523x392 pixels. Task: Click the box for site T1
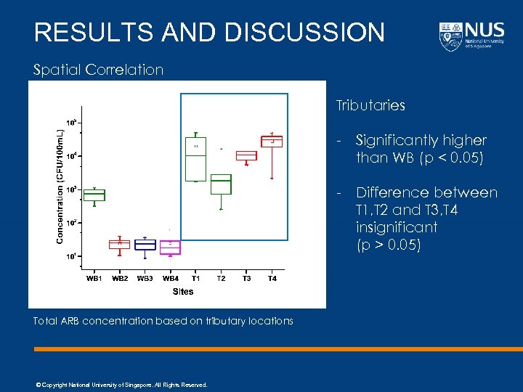[x=195, y=159]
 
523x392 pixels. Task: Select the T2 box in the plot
[x=221, y=184]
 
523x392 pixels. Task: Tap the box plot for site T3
[x=246, y=155]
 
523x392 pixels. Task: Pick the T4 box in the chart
[x=272, y=141]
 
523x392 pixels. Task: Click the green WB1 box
[x=94, y=195]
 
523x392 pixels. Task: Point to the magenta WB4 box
[x=170, y=247]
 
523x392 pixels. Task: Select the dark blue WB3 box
[x=145, y=245]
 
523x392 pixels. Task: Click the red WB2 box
[x=120, y=244]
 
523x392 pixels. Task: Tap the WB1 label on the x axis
[x=94, y=278]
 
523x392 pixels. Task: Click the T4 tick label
[x=272, y=278]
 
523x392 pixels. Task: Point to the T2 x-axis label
[x=221, y=278]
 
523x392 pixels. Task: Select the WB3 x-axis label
[x=145, y=278]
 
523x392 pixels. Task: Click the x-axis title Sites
[x=183, y=291]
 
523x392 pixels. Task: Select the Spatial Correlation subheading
[x=99, y=70]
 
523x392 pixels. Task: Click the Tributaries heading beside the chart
[x=370, y=106]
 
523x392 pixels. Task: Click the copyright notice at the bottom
[x=121, y=385]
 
